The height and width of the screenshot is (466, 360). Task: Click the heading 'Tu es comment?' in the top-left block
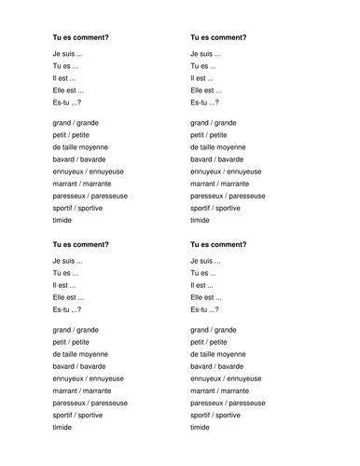tap(81, 37)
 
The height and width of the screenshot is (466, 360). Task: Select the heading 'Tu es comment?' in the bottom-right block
tap(218, 244)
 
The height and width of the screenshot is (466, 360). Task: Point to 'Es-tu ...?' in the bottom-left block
tap(68, 309)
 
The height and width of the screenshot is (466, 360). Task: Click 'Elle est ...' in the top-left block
tap(68, 90)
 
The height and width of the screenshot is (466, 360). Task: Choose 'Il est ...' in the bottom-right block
tap(203, 285)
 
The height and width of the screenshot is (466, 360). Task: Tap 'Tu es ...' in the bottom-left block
tap(66, 274)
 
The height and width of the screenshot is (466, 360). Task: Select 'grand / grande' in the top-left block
tap(76, 123)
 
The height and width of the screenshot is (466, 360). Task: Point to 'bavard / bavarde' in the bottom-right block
tap(218, 365)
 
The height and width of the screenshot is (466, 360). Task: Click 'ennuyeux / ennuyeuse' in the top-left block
tap(89, 171)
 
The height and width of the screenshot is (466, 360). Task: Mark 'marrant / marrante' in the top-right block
tap(220, 184)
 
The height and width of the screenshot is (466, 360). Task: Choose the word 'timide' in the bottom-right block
tap(200, 427)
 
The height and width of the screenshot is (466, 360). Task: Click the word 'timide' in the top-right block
tap(200, 221)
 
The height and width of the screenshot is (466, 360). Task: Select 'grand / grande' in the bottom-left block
tap(76, 330)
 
